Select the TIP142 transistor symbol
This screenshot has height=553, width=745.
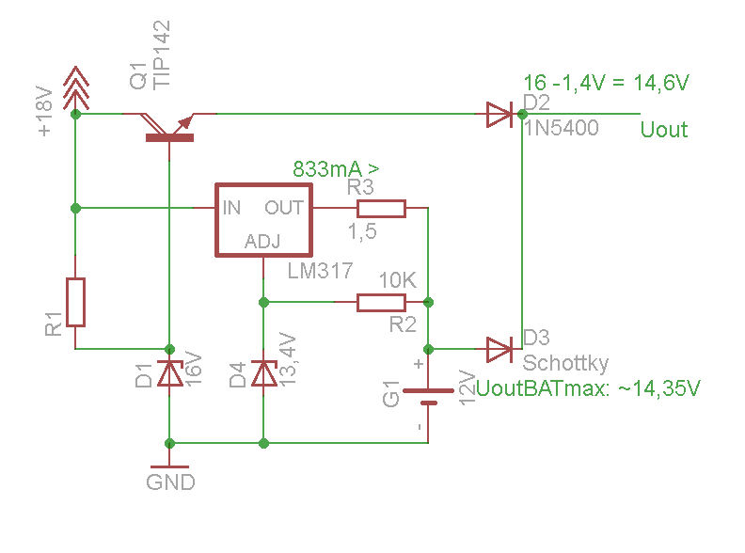[169, 126]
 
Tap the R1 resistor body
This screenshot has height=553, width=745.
[75, 302]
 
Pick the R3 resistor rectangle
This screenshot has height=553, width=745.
[381, 208]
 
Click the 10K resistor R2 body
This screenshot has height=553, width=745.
[381, 302]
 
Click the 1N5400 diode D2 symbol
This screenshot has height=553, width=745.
[499, 115]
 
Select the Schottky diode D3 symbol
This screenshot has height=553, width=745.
[499, 349]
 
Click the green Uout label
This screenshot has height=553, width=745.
[663, 130]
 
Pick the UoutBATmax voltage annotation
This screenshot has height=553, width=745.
[589, 388]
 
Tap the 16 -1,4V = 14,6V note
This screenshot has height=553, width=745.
[606, 83]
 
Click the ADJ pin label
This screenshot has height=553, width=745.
[262, 242]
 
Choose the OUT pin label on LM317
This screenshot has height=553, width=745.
[284, 207]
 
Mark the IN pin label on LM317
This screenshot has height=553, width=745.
[231, 207]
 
